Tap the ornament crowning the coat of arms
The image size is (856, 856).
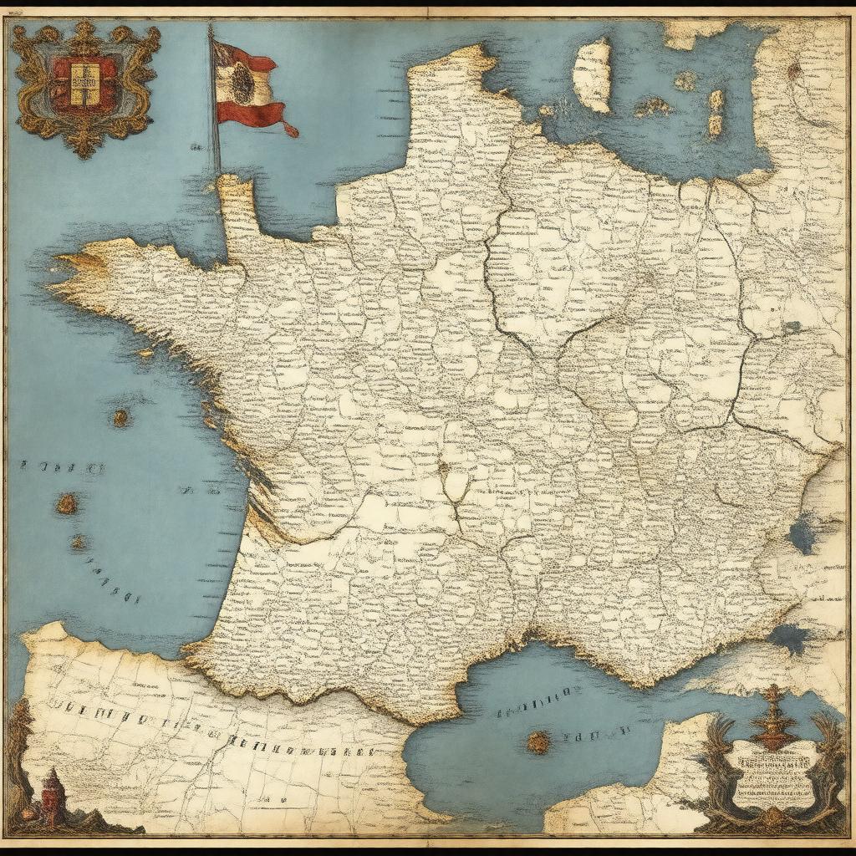click(84, 31)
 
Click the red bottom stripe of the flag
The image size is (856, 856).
click(255, 115)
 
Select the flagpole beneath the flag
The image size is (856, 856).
click(216, 142)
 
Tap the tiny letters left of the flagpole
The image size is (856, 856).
click(196, 147)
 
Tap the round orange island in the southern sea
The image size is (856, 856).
click(539, 741)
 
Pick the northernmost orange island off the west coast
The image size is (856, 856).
click(121, 417)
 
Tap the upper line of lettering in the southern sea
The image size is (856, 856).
click(535, 694)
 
